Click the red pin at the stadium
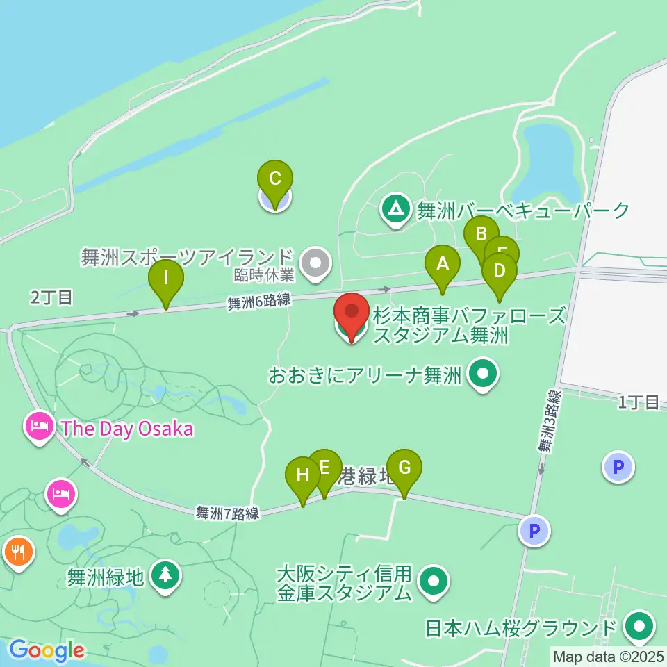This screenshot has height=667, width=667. click(352, 317)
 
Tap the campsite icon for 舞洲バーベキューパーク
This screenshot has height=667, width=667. click(396, 209)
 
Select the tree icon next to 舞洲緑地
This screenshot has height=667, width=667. click(165, 575)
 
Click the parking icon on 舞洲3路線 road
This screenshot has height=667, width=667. click(534, 532)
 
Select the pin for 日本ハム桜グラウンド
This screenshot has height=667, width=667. click(638, 627)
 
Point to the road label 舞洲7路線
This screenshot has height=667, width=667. click(227, 513)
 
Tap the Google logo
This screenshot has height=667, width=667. click(46, 651)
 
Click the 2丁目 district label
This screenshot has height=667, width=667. click(51, 298)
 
